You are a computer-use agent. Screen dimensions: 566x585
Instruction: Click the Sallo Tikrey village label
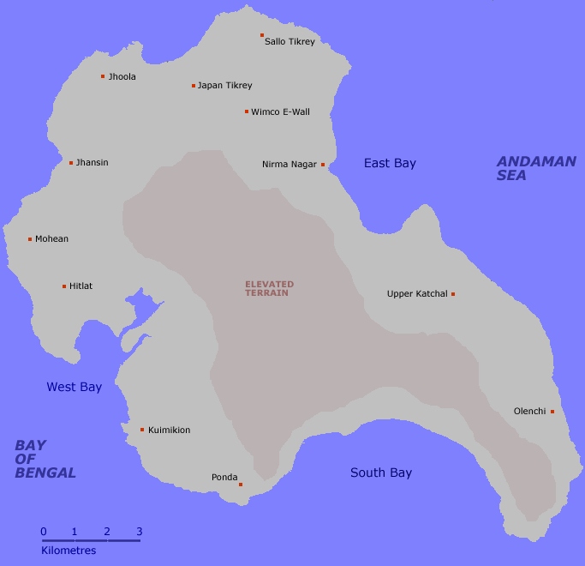(290, 41)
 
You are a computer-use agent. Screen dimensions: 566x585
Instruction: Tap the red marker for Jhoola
(103, 76)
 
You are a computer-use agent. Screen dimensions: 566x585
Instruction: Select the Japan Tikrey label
(224, 86)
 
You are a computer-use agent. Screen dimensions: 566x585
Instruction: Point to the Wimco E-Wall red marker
(247, 111)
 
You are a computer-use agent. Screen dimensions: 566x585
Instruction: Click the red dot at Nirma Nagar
(323, 165)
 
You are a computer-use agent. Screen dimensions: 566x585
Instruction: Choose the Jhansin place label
(92, 163)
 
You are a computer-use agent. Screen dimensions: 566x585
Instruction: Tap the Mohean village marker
(30, 239)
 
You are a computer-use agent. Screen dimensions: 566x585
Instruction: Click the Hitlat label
(81, 286)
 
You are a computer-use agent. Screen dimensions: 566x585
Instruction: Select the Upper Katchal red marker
(453, 294)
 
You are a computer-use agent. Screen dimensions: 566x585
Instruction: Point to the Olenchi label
(529, 412)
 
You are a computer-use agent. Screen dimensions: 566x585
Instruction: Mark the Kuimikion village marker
(142, 430)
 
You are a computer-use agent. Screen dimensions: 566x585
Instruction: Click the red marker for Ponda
(241, 485)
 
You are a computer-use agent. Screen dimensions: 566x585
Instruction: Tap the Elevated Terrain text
(269, 288)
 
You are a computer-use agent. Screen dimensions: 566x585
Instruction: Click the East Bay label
(390, 163)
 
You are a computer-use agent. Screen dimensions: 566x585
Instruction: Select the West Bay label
(74, 388)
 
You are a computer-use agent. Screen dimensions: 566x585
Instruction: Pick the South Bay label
(381, 473)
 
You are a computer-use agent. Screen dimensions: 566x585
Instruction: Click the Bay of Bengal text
(45, 459)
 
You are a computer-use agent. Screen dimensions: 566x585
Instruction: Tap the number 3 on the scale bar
(139, 532)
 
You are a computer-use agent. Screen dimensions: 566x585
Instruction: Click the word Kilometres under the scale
(69, 551)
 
